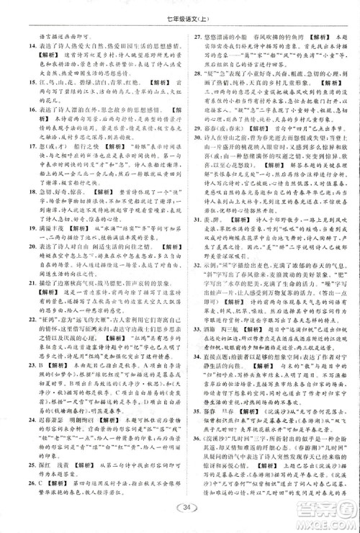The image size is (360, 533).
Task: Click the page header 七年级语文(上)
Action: coord(179,7)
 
